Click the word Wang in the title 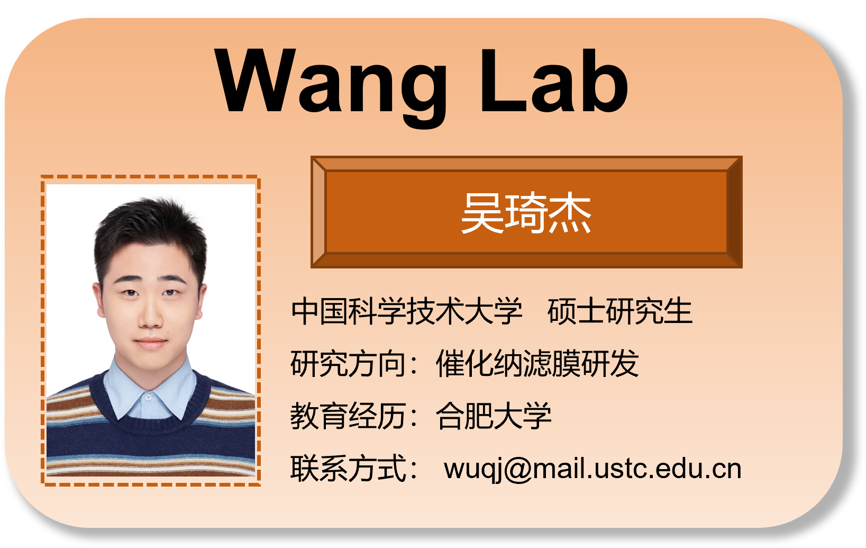click(331, 82)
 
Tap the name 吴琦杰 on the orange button click(526, 213)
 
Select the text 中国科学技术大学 click(406, 311)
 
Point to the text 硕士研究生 click(619, 311)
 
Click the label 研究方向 click(348, 364)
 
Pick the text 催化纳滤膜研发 click(537, 364)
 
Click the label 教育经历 click(348, 416)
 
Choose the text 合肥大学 click(493, 416)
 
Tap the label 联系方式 click(348, 469)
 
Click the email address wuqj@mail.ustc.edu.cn click(592, 469)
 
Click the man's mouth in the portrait click(151, 343)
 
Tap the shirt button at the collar click(149, 397)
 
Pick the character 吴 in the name click(481, 213)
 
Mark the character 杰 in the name click(570, 213)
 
